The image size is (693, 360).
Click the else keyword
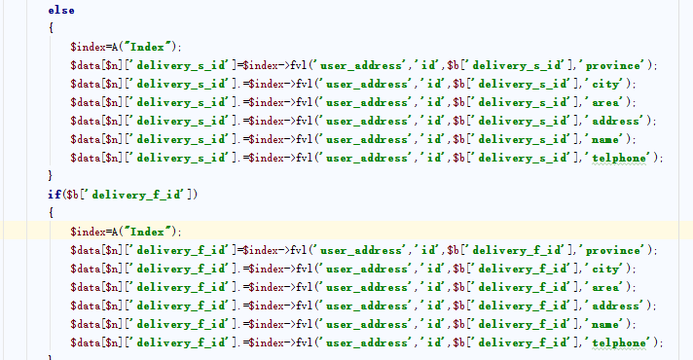click(61, 10)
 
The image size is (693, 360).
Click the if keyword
click(55, 195)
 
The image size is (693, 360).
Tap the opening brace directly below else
click(52, 28)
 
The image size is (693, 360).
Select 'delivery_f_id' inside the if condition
click(137, 195)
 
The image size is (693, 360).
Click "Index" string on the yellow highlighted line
click(148, 232)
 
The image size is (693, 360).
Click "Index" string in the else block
click(148, 47)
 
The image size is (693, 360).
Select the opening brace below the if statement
click(52, 213)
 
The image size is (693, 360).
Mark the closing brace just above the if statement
click(51, 176)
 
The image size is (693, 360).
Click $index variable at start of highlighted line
click(88, 232)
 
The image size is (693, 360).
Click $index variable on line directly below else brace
click(88, 47)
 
